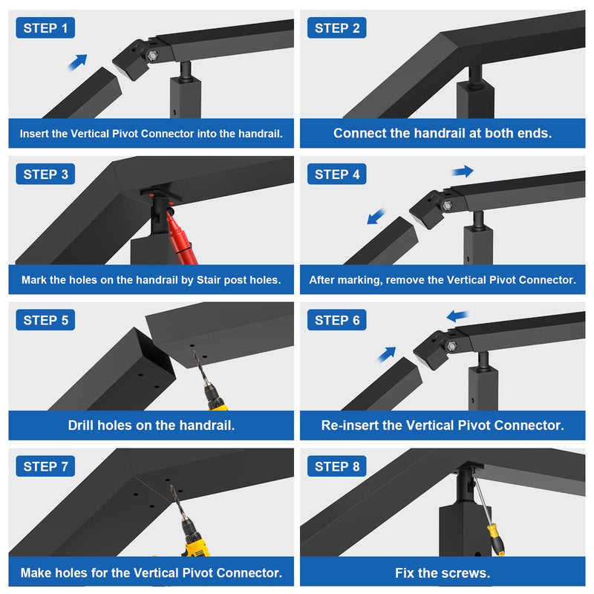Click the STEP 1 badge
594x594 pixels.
click(45, 28)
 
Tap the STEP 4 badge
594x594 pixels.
click(337, 174)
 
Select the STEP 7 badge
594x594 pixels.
click(45, 466)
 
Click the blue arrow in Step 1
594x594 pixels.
click(78, 62)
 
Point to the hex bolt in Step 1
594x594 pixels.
click(152, 56)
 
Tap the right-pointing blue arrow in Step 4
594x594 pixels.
click(463, 172)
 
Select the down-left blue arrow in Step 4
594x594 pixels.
click(376, 217)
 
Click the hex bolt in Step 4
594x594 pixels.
click(448, 206)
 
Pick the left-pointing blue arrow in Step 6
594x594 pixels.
click(457, 316)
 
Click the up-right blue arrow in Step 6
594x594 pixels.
click(387, 355)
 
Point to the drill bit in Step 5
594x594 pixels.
click(200, 367)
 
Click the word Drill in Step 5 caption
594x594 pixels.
click(81, 425)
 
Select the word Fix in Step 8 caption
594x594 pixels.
click(404, 572)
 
